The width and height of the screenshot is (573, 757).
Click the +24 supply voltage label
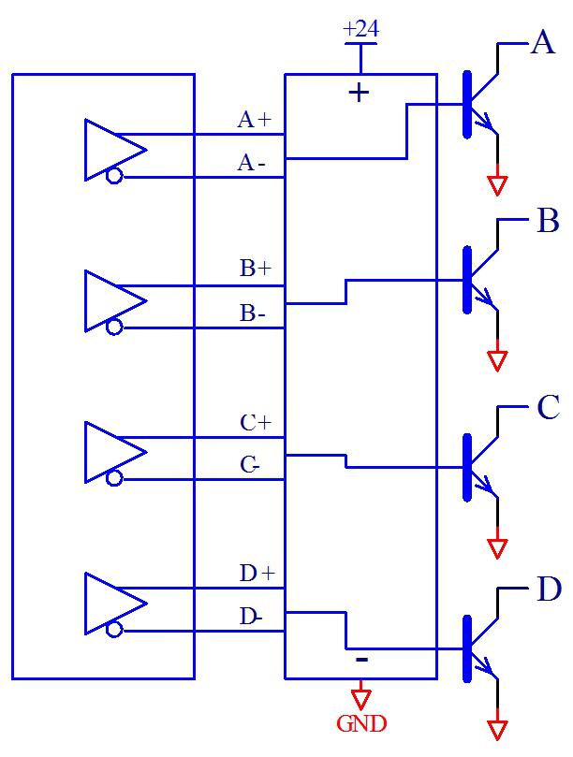click(360, 29)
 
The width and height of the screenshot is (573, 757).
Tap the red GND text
click(361, 723)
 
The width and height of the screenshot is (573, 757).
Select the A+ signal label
click(254, 120)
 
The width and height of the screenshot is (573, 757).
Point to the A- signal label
click(252, 163)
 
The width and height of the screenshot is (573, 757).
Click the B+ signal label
click(255, 269)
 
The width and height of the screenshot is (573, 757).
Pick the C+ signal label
click(255, 422)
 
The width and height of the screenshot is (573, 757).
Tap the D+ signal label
click(256, 574)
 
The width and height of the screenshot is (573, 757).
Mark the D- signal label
click(251, 617)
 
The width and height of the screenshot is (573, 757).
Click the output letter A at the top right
click(542, 43)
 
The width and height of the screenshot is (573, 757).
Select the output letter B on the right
click(547, 222)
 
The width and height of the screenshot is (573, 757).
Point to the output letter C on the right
click(547, 408)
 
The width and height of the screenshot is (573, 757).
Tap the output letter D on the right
click(548, 590)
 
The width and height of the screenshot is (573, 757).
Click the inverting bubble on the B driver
click(114, 328)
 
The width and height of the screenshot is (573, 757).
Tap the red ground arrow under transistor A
click(497, 184)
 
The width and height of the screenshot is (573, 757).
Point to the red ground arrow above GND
click(360, 699)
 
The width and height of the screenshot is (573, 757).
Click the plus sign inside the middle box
click(359, 93)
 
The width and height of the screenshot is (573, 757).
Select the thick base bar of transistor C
click(467, 465)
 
